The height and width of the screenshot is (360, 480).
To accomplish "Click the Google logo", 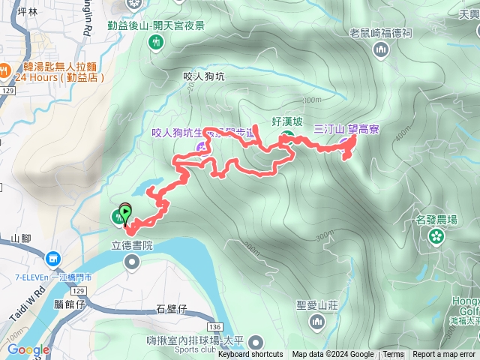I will (28, 350).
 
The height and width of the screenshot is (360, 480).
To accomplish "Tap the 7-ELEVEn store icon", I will (52, 259).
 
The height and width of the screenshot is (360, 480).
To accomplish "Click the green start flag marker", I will (124, 212).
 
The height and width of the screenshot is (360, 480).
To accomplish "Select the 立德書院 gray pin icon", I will (133, 261).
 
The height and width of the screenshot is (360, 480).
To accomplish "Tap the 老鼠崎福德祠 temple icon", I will (381, 49).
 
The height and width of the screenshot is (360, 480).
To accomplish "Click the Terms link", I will (394, 355).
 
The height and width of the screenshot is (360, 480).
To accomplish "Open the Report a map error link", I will (444, 355).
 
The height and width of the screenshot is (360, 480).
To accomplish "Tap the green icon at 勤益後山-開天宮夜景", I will (157, 42).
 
